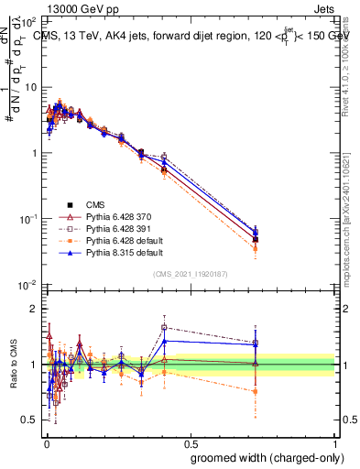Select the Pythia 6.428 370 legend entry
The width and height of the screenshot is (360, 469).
115,219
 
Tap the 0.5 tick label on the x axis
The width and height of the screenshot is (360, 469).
190,439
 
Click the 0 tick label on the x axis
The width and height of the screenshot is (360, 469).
44,439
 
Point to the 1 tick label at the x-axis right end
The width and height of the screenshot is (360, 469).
334,439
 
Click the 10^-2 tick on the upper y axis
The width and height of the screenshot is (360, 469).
28,285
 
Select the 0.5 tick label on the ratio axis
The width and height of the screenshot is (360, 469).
30,420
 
